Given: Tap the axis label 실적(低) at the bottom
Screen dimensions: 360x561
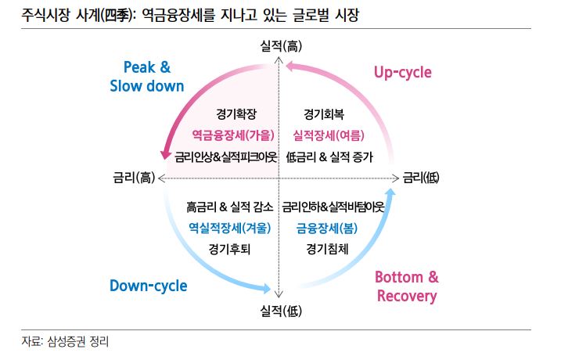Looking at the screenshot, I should point(281,311).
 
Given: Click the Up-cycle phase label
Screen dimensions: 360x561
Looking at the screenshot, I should point(402,73).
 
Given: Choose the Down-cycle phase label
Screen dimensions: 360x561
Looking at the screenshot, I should point(149,286).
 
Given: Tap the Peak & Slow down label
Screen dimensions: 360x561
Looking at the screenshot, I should point(147,76).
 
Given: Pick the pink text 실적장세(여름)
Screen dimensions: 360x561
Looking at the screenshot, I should point(329,135).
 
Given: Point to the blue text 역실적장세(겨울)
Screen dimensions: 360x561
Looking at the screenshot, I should point(230,229).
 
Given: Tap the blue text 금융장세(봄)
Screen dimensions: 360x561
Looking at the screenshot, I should point(328,229).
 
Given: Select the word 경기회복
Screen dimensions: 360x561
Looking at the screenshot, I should point(329,113).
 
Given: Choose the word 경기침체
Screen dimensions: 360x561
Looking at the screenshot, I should point(328,250).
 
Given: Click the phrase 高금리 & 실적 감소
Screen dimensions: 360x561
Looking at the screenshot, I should point(230,207).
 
